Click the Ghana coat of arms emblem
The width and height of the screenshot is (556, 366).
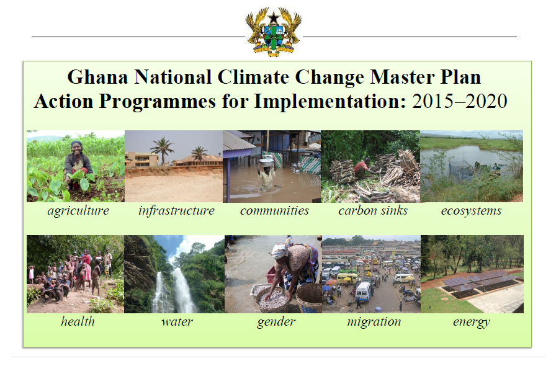tap(274, 32)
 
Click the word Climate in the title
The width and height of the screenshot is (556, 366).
tap(253, 78)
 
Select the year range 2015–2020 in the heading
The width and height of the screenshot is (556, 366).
tap(460, 102)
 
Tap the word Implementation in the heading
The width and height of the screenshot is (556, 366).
tap(330, 102)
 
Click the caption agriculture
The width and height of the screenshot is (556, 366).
tap(78, 211)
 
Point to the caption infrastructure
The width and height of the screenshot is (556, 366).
tap(177, 211)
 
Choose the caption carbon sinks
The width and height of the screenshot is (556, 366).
tap(373, 211)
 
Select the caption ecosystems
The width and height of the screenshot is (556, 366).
tap(471, 211)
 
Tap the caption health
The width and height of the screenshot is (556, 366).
tap(78, 321)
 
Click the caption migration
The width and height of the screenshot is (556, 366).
tap(374, 322)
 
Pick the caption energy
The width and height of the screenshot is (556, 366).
tap(472, 323)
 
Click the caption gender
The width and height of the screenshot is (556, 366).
tap(276, 323)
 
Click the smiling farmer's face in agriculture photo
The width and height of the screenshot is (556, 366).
tap(76, 148)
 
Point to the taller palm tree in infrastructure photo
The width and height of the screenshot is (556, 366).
tap(162, 150)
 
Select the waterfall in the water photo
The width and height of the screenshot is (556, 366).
tap(174, 291)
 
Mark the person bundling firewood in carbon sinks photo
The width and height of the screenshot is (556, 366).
tap(362, 169)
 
